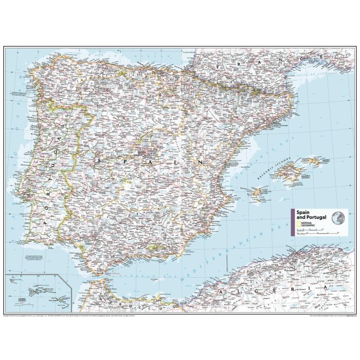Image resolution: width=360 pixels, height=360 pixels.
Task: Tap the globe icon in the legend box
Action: coord(338,218)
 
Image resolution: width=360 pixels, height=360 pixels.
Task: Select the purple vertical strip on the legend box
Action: coord(293,223)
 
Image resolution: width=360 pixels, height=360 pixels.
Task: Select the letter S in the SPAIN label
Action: coord(98,161)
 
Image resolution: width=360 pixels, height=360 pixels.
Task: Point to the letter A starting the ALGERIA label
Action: coord(221,293)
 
